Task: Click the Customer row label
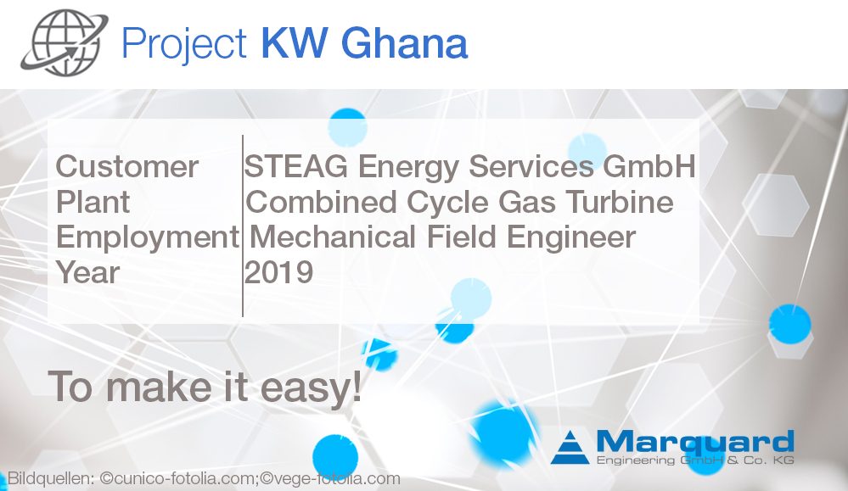[127, 166]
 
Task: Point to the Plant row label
[93, 203]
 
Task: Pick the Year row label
[88, 273]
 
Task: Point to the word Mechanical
[331, 237]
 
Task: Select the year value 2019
[279, 273]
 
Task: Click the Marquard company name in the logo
[694, 442]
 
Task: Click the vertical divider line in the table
[243, 225]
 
